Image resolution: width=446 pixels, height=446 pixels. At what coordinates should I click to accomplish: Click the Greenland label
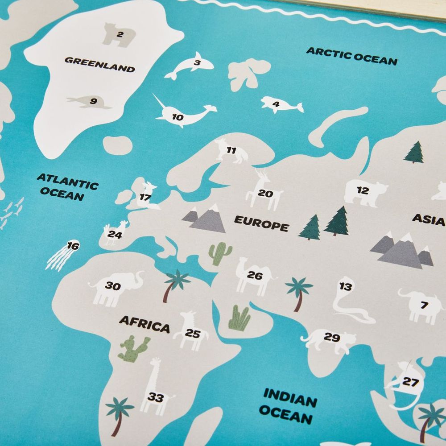(99, 64)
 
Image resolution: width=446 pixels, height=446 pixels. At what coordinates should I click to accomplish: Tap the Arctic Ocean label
(351, 56)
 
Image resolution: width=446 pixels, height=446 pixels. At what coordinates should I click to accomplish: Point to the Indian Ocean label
(288, 405)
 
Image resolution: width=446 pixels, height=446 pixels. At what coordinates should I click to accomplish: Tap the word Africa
(145, 324)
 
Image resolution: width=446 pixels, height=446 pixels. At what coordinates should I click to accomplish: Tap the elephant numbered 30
(115, 288)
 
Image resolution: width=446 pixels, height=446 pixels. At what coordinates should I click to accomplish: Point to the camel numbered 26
(252, 277)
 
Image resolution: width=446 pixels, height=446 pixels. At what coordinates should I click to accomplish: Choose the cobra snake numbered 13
(348, 303)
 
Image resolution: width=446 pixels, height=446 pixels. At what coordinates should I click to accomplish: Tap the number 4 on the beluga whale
(276, 105)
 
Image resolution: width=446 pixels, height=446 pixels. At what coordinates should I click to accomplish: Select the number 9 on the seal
(93, 101)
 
